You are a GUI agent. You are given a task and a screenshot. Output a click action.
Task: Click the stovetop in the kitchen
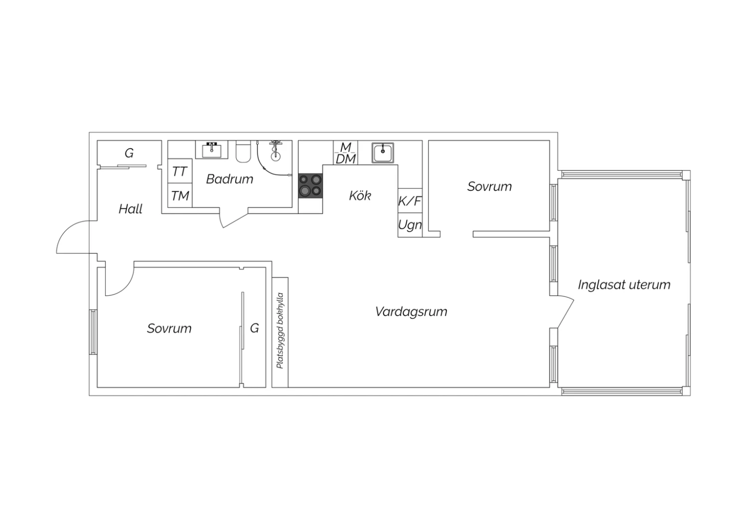click(310, 186)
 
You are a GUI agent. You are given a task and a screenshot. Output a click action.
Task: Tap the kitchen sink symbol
click(383, 153)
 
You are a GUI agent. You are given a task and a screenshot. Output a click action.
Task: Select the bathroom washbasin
click(212, 150)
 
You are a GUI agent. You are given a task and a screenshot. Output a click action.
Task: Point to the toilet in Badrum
click(243, 151)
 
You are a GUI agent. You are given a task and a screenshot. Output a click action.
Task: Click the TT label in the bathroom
click(179, 172)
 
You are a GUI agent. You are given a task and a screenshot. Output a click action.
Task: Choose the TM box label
click(180, 196)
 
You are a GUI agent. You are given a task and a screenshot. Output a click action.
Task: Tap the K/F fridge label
click(410, 201)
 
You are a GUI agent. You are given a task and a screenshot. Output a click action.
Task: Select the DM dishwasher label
click(346, 159)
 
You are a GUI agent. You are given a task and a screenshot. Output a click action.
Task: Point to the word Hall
click(130, 209)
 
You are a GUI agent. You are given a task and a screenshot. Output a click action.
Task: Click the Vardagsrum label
click(411, 312)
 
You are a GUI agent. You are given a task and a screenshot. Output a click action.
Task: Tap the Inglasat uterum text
click(624, 285)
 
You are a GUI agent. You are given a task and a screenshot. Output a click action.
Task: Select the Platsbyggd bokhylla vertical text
click(280, 331)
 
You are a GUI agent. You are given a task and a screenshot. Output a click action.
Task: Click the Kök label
click(360, 195)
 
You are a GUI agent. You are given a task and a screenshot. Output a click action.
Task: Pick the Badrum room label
click(230, 179)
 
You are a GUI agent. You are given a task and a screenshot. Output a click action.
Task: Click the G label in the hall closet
click(129, 153)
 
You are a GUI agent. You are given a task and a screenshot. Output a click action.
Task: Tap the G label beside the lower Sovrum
click(254, 328)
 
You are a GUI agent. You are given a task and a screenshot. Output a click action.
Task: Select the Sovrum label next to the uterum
click(489, 186)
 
